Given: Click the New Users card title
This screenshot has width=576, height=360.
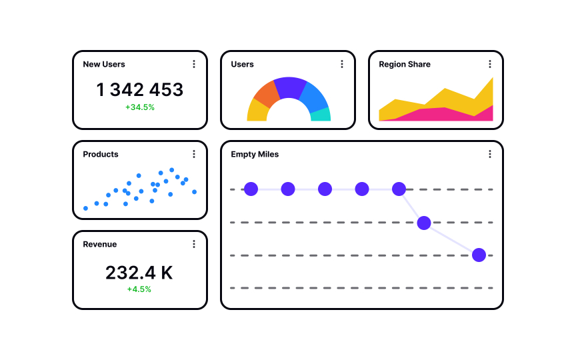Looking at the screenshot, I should click(x=103, y=65).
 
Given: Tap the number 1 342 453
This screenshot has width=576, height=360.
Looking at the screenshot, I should click(x=140, y=90).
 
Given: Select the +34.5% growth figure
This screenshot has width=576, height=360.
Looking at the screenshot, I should click(x=140, y=107).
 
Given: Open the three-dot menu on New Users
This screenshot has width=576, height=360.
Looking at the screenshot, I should click(x=194, y=64).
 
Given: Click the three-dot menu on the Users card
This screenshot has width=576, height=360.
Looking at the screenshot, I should click(x=342, y=64).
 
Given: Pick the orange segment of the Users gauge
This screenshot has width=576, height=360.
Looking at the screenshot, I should click(x=266, y=93).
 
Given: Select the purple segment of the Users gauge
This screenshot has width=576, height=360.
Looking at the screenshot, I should click(x=290, y=87).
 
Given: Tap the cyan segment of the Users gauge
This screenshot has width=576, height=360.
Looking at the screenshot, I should click(x=321, y=115).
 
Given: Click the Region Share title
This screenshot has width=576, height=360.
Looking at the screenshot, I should click(x=405, y=65).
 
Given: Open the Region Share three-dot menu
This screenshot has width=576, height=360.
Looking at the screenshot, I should click(x=490, y=64).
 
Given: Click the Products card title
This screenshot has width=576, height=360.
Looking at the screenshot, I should click(x=101, y=155).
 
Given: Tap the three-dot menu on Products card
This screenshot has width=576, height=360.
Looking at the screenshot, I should click(x=194, y=154).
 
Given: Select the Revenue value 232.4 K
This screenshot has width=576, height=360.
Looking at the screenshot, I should click(x=139, y=273).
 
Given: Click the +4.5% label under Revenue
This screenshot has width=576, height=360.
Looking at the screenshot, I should click(x=139, y=289).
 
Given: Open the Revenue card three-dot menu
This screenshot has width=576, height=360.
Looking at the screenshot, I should click(x=194, y=244).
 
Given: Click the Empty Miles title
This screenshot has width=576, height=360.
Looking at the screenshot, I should click(x=255, y=155).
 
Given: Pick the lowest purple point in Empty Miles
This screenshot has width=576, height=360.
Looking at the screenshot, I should click(x=479, y=255).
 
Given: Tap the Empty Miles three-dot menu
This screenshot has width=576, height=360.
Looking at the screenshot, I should click(x=490, y=154).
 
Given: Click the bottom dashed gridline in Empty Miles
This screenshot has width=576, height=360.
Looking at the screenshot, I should click(x=360, y=288).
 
